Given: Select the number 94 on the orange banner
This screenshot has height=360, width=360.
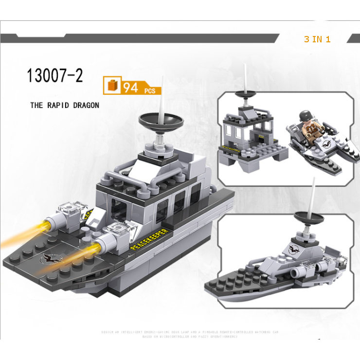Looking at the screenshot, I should [131, 88].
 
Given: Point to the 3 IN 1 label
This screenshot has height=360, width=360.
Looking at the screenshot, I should [317, 39].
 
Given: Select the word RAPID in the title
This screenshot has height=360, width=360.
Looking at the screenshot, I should [59, 105].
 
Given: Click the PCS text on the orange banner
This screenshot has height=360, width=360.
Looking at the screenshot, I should [150, 90].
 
